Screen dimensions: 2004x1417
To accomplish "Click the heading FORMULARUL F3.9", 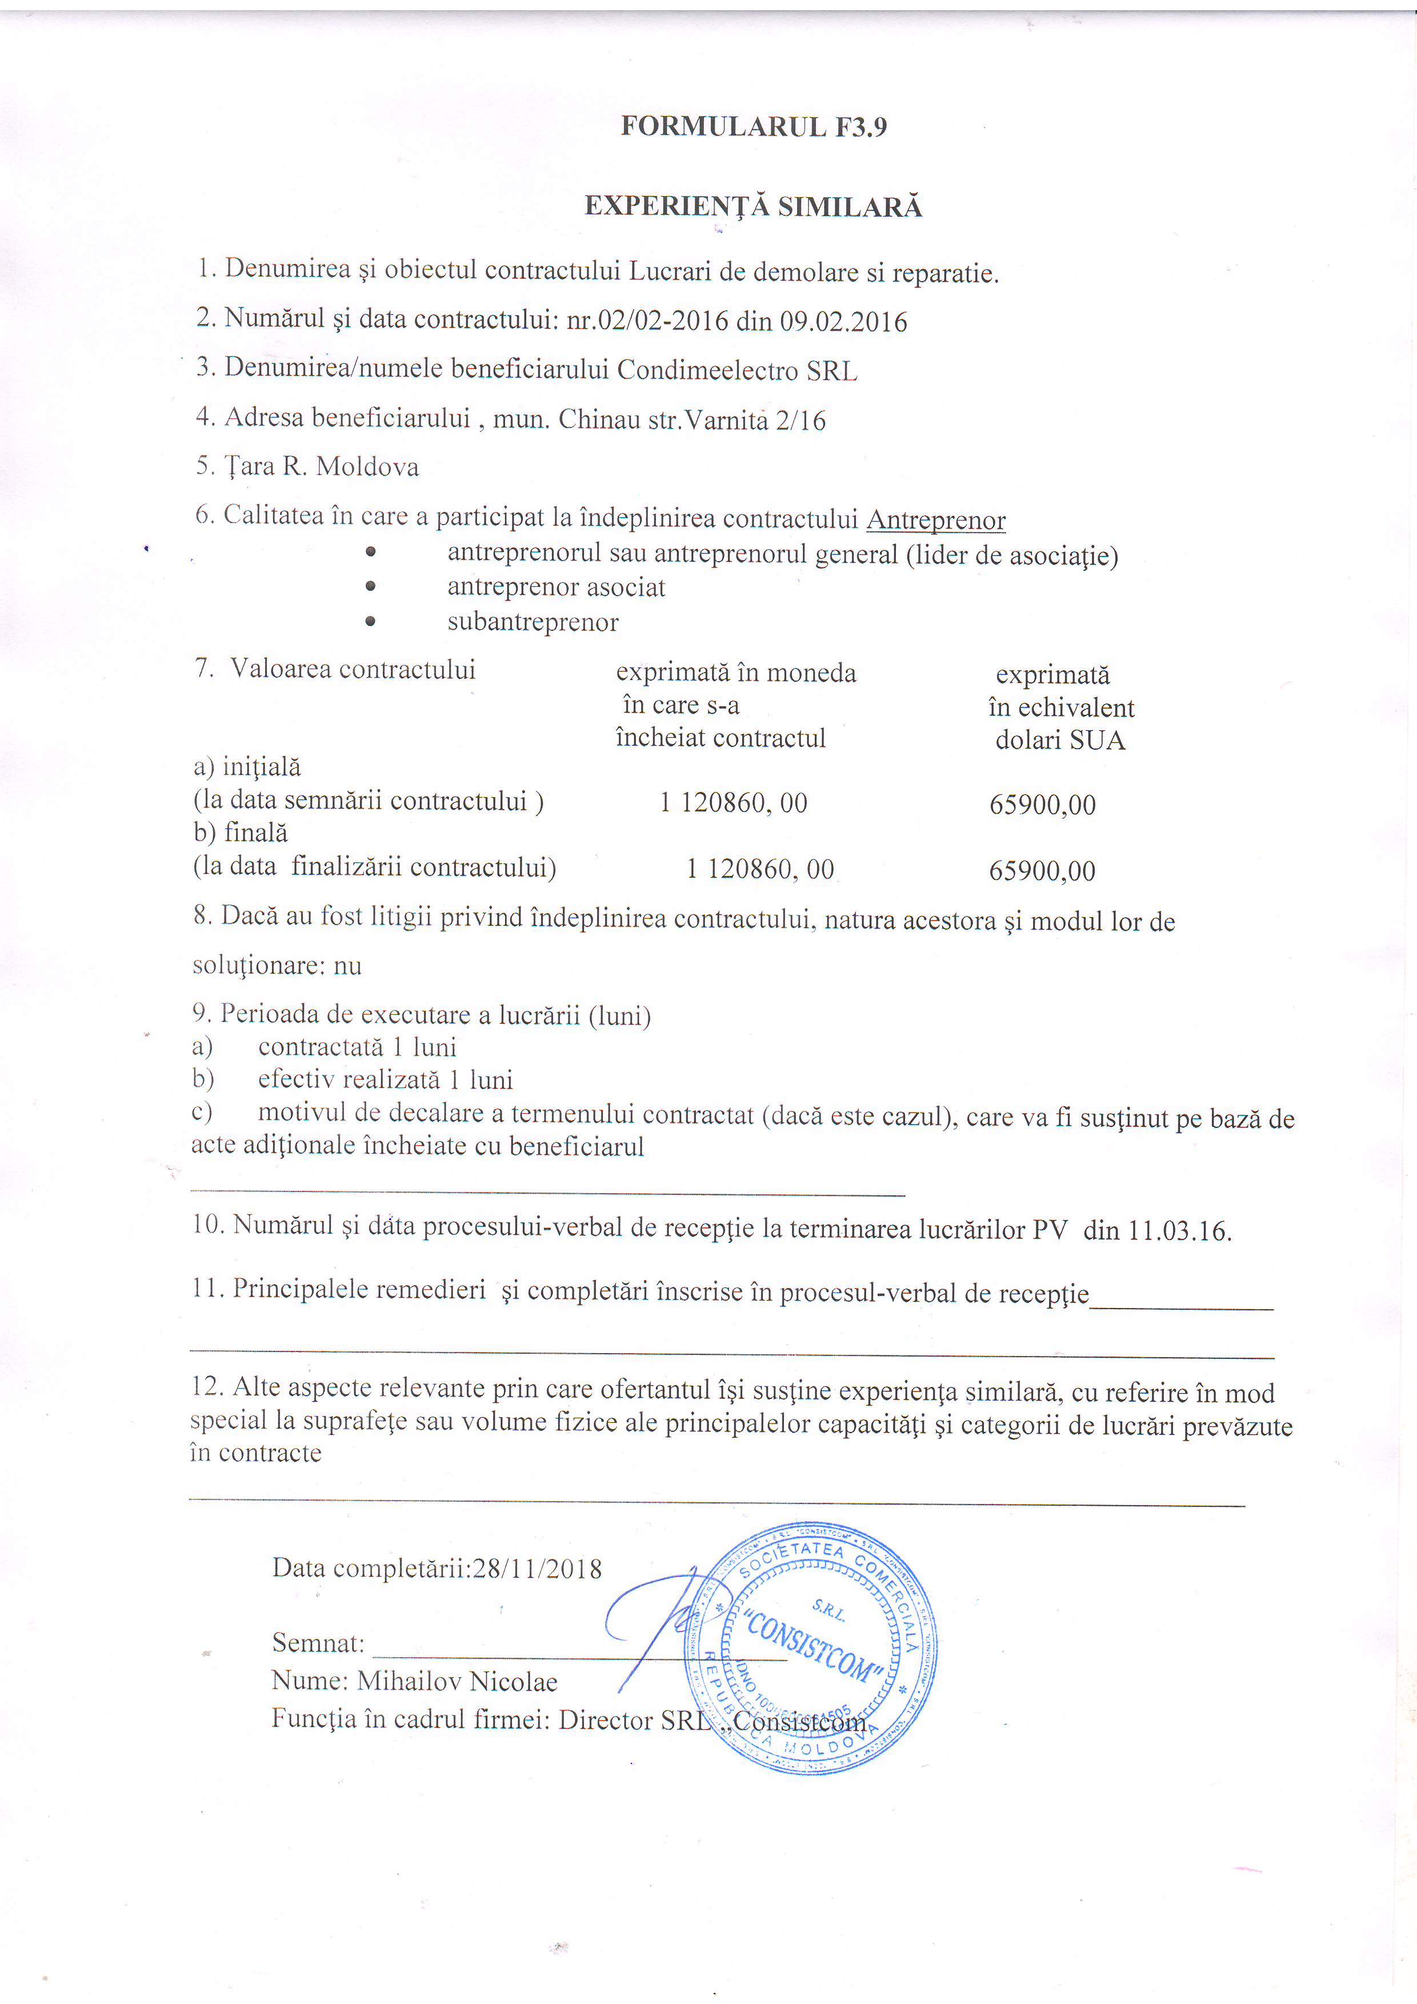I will click(x=753, y=127).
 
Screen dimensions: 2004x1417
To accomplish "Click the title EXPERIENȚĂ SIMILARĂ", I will click(x=753, y=207).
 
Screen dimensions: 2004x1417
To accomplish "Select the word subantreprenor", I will click(x=533, y=622).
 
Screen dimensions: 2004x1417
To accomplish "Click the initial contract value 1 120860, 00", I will click(x=733, y=803).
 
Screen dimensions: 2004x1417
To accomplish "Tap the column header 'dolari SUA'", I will click(x=1059, y=741).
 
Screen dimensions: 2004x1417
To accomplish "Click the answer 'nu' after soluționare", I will click(x=347, y=966).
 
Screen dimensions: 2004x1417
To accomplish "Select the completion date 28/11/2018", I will click(x=537, y=1569).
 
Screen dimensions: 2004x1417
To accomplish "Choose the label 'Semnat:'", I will click(x=318, y=1643).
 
